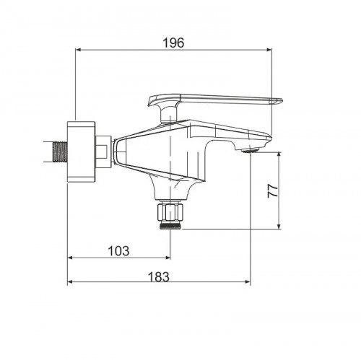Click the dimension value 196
pos(173,43)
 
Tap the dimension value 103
pos(118,251)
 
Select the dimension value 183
pos(158,276)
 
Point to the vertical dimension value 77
pos(273,191)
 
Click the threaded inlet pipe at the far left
pos(60,152)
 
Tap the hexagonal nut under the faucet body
pos(170,211)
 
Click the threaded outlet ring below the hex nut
pos(170,226)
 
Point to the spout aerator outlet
pos(251,151)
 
